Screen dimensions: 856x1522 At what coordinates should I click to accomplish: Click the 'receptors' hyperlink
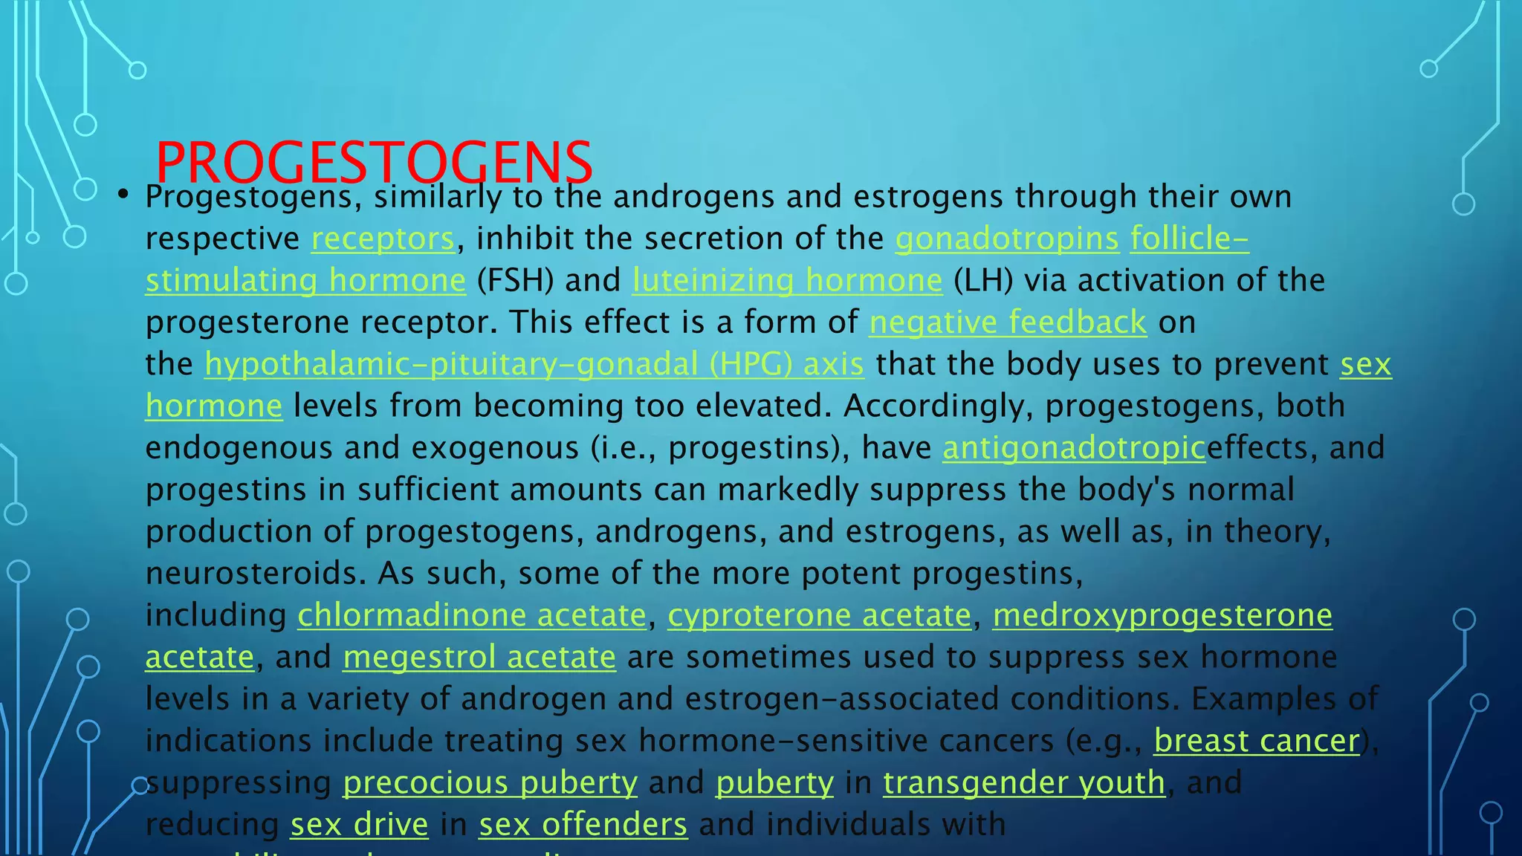point(383,239)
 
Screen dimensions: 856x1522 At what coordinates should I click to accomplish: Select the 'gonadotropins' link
point(1007,239)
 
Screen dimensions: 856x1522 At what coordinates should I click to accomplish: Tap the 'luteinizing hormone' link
point(787,281)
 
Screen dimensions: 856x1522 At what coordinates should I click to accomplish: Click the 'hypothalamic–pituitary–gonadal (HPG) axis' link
point(534,365)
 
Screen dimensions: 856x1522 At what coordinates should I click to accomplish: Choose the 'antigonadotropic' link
point(1074,448)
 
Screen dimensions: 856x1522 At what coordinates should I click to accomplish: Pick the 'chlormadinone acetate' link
point(472,616)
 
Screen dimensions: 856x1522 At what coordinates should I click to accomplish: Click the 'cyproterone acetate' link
point(819,616)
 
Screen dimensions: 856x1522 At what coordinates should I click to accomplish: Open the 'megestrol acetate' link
point(479,658)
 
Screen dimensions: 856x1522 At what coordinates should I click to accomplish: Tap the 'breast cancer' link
point(1257,742)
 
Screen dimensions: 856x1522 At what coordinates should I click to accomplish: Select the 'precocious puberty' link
point(490,783)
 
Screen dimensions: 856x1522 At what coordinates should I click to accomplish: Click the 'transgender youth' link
point(1024,783)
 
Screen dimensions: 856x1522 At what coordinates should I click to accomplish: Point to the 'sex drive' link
point(359,825)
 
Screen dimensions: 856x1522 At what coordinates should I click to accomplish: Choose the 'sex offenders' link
point(583,825)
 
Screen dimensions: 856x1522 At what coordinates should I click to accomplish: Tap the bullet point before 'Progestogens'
point(123,195)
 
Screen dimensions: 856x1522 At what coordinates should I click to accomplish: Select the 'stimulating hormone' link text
point(305,281)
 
